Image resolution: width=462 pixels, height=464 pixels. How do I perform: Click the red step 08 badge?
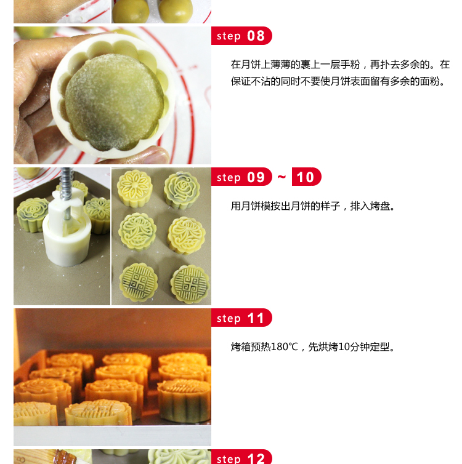[x=241, y=36]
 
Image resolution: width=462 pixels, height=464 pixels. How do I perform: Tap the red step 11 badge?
[x=241, y=318]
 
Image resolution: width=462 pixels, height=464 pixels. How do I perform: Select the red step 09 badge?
[x=241, y=177]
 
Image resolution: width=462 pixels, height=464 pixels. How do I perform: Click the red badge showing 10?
[x=306, y=177]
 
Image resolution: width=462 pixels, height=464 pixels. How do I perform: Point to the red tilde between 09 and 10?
[x=282, y=177]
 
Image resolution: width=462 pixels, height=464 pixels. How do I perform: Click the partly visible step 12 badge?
[x=241, y=457]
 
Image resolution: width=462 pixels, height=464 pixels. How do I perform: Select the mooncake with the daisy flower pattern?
[x=135, y=188]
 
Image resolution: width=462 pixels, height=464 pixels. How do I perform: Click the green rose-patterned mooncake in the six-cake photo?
[x=182, y=190]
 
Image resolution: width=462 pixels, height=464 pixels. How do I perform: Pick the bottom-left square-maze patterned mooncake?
[x=139, y=282]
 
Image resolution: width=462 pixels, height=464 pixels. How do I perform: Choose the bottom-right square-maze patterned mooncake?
[x=190, y=284]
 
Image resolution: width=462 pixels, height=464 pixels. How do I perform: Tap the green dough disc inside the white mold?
[x=115, y=101]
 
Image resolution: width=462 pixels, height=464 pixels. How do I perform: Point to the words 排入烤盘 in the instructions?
[x=370, y=206]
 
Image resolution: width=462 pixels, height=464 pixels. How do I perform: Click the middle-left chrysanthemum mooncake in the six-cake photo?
[x=137, y=232]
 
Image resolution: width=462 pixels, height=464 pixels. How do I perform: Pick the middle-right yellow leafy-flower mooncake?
[x=186, y=235]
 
